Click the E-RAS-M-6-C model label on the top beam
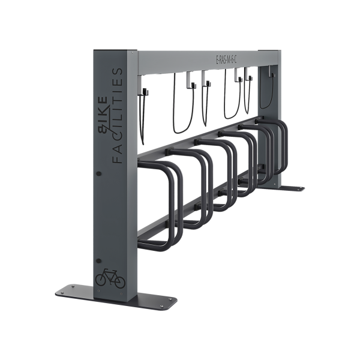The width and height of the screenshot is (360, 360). coord(226,60)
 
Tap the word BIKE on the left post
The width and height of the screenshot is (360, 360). coord(102,116)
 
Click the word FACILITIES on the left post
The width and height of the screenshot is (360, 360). coord(118,116)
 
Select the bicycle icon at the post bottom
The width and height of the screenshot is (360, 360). coord(110,278)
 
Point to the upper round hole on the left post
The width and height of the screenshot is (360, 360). coord(99,173)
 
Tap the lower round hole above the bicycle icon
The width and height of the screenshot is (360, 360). coord(99,261)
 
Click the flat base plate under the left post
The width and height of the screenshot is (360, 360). coord(116,298)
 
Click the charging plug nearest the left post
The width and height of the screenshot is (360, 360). coord(146,92)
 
